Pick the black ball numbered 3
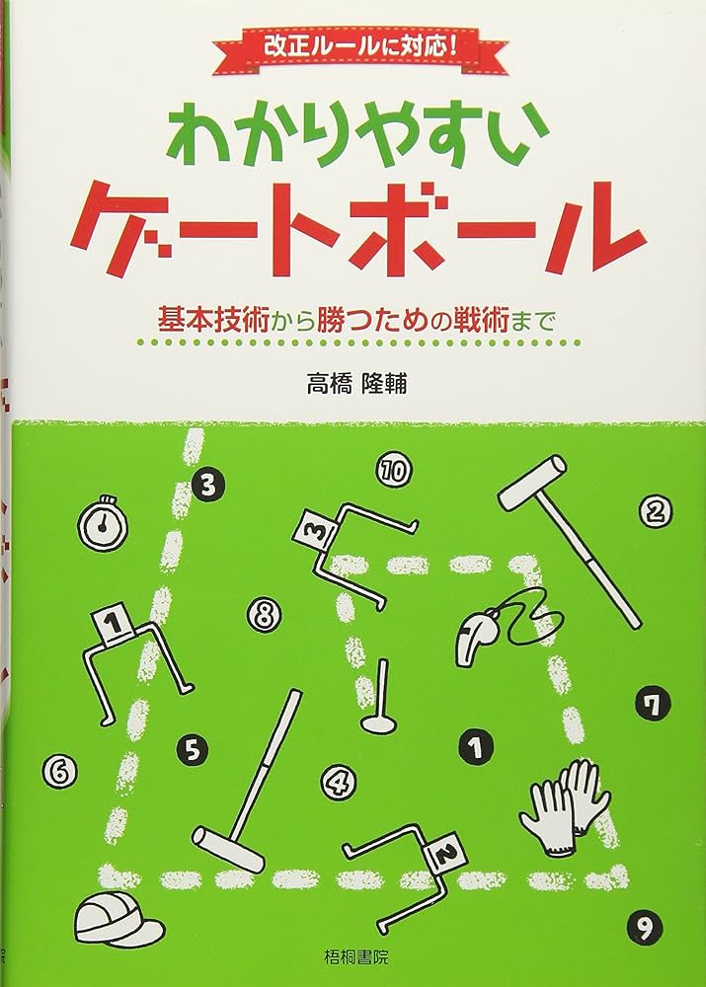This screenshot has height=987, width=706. (209, 484)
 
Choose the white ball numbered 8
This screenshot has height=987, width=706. (262, 615)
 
